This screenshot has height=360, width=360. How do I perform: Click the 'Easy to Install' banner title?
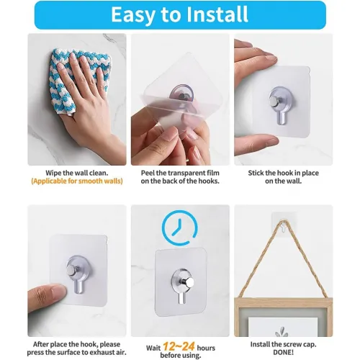coord(179,14)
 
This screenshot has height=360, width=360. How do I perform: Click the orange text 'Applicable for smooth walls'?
coord(77,181)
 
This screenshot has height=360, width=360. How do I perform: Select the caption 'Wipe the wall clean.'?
coord(77,173)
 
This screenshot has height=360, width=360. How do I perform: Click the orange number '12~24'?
coord(179,346)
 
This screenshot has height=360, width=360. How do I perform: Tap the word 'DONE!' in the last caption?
coord(283,352)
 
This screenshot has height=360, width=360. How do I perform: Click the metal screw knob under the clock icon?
coord(188,282)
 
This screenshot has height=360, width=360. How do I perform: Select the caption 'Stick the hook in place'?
coord(283,173)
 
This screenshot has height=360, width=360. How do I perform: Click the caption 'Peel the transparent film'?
coord(180,173)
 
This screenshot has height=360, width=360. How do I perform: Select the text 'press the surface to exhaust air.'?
coord(76,352)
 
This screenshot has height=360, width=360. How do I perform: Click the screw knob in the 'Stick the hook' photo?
coord(275,99)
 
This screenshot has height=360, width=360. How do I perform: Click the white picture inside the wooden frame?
coord(283,327)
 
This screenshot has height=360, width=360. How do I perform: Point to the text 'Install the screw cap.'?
coord(283,344)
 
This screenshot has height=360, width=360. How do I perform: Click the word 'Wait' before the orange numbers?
coord(153,348)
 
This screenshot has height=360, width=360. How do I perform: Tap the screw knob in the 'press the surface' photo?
coord(72,270)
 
